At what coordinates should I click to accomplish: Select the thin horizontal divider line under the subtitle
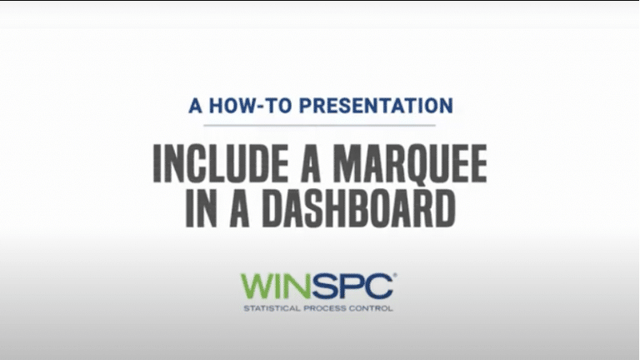(x=320, y=125)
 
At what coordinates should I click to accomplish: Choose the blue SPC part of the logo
(x=353, y=287)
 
